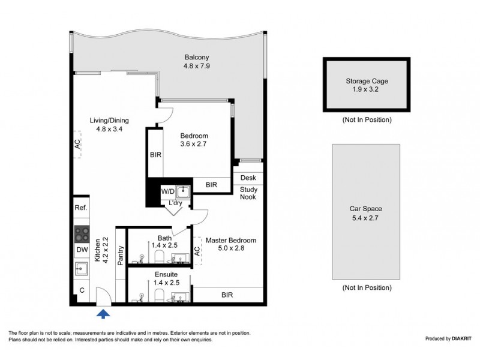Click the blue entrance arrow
coord(104,313)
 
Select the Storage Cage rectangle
coord(366,85)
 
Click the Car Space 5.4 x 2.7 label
coord(366,214)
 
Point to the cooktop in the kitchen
coord(82,232)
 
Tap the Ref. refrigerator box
coord(82,208)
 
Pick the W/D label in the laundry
coord(167,191)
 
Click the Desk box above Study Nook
coord(248,178)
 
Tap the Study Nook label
coord(248,194)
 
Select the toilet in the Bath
coord(160,257)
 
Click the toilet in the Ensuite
coord(160,295)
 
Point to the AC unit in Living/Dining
coord(77,145)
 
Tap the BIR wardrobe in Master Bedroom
coord(227,295)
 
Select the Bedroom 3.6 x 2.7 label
coord(194,140)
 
